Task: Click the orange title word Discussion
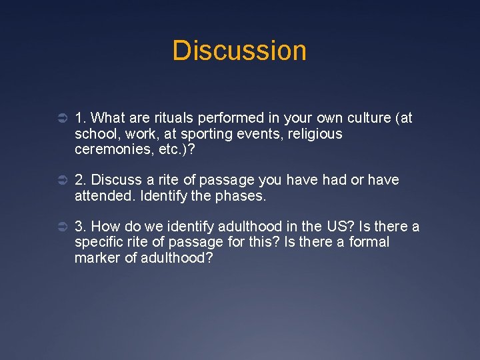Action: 239,51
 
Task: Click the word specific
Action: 99,242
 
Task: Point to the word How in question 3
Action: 105,227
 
